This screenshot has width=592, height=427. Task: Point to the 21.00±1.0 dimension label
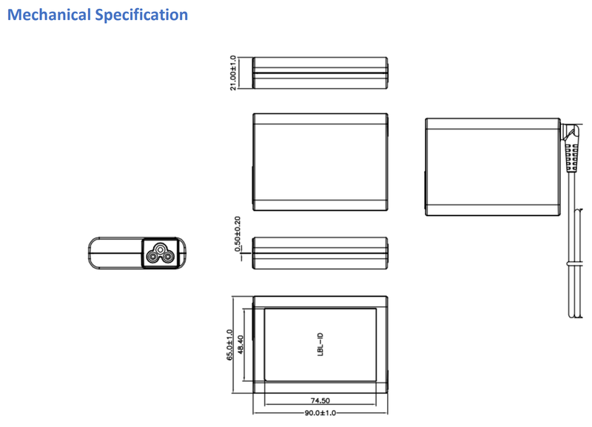click(234, 73)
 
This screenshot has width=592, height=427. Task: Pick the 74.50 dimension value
click(320, 401)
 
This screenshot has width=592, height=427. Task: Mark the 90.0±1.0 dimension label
click(320, 412)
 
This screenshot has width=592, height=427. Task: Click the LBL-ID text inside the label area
click(320, 346)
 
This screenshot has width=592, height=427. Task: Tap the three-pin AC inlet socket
click(158, 254)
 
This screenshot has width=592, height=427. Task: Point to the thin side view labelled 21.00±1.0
click(320, 73)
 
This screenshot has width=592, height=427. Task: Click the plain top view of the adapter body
click(320, 161)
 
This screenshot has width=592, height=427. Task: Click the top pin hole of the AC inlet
click(158, 247)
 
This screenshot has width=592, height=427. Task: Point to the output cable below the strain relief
click(574, 244)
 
